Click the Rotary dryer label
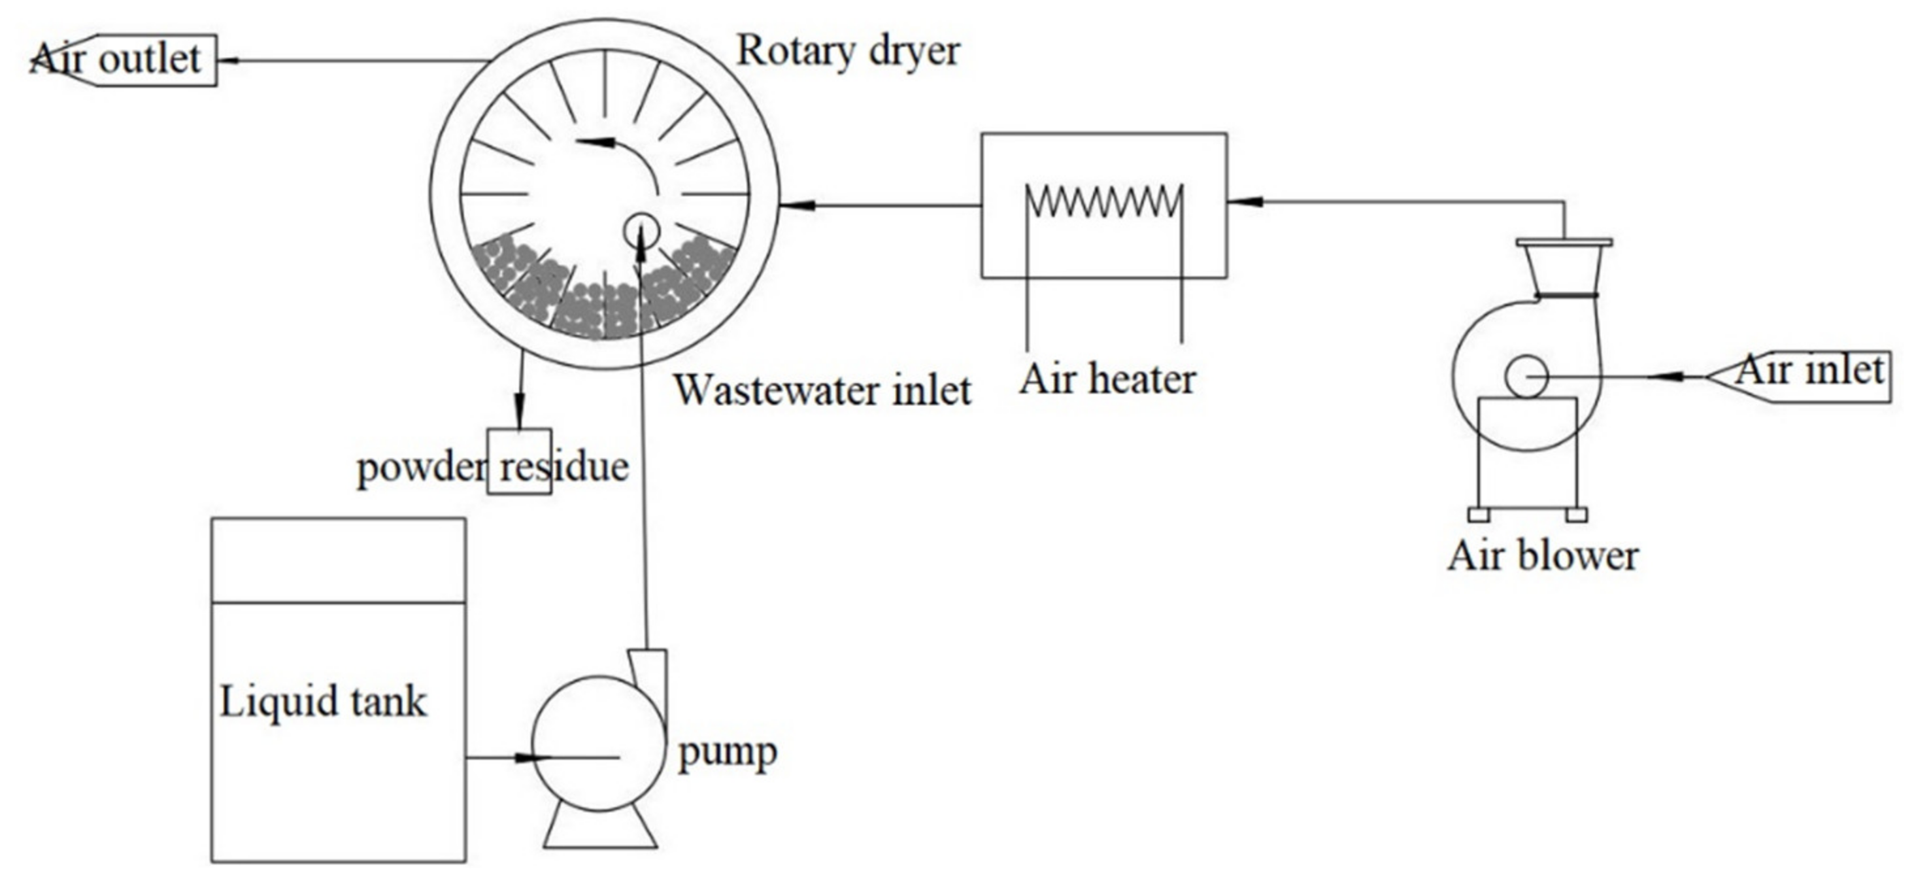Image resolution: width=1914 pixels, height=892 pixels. pyautogui.click(x=848, y=52)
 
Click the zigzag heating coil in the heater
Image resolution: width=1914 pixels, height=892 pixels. pyautogui.click(x=1103, y=201)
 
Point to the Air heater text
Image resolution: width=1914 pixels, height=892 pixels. pyautogui.click(x=1107, y=379)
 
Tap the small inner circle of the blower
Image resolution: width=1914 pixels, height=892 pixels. pyautogui.click(x=1526, y=377)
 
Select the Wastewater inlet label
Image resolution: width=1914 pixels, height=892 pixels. pyautogui.click(x=822, y=390)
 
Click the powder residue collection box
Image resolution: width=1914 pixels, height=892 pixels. pyautogui.click(x=520, y=461)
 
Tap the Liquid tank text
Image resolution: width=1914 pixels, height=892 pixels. pyautogui.click(x=323, y=702)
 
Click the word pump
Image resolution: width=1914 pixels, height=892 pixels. pyautogui.click(x=728, y=752)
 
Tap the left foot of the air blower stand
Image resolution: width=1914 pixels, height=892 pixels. pyautogui.click(x=1479, y=515)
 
